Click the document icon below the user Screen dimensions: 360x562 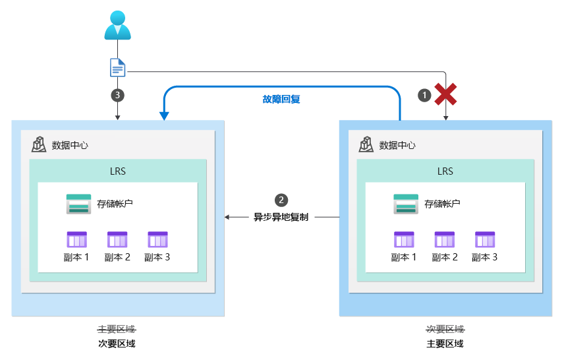click(x=117, y=67)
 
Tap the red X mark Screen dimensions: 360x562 click(x=446, y=95)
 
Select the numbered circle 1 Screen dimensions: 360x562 click(x=426, y=95)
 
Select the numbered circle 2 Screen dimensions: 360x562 click(x=281, y=199)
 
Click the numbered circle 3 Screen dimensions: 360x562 click(x=117, y=95)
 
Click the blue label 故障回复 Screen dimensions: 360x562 click(x=281, y=100)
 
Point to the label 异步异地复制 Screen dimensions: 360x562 click(x=281, y=216)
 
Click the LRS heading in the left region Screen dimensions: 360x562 click(x=117, y=171)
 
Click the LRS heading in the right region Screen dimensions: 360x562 click(x=445, y=171)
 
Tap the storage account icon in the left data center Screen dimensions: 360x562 click(x=77, y=204)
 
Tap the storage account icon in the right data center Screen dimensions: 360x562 click(x=405, y=204)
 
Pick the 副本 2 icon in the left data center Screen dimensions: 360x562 click(x=117, y=239)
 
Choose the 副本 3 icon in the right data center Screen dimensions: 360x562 click(x=485, y=239)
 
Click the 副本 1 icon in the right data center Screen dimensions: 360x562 click(x=404, y=239)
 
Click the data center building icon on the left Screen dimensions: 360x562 click(x=40, y=144)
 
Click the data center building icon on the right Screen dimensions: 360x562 click(x=367, y=144)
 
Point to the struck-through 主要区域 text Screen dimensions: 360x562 click(x=117, y=329)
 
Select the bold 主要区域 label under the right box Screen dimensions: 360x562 click(x=445, y=344)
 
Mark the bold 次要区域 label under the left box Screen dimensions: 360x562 click(x=117, y=344)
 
